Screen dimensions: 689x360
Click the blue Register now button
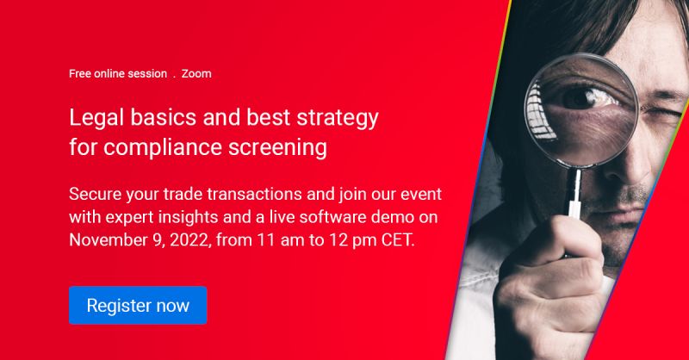pos(138,305)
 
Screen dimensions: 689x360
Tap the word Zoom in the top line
pos(196,74)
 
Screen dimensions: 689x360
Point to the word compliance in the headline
pos(163,147)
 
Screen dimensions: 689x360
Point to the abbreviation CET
pos(398,240)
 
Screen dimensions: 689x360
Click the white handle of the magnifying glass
pos(574,194)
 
